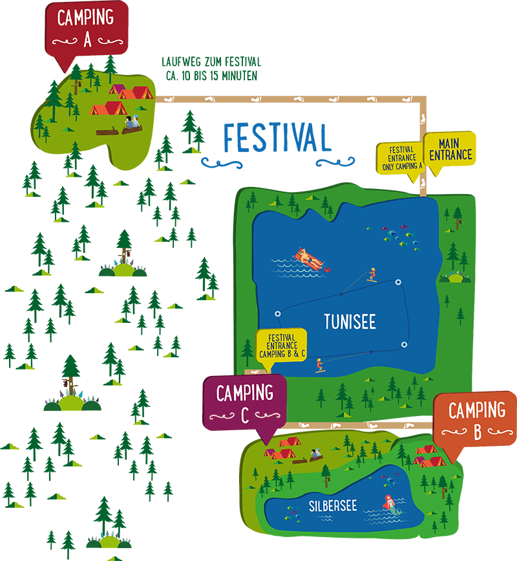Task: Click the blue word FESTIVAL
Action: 277,137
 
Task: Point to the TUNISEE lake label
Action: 350,322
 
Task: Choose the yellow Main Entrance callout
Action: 450,149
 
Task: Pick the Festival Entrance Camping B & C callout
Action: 281,346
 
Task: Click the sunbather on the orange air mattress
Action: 308,259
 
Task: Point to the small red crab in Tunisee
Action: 328,268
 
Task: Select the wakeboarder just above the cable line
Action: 371,274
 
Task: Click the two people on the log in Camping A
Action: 132,123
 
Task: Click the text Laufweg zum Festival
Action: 211,62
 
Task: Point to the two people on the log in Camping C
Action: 315,455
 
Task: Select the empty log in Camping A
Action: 107,132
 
